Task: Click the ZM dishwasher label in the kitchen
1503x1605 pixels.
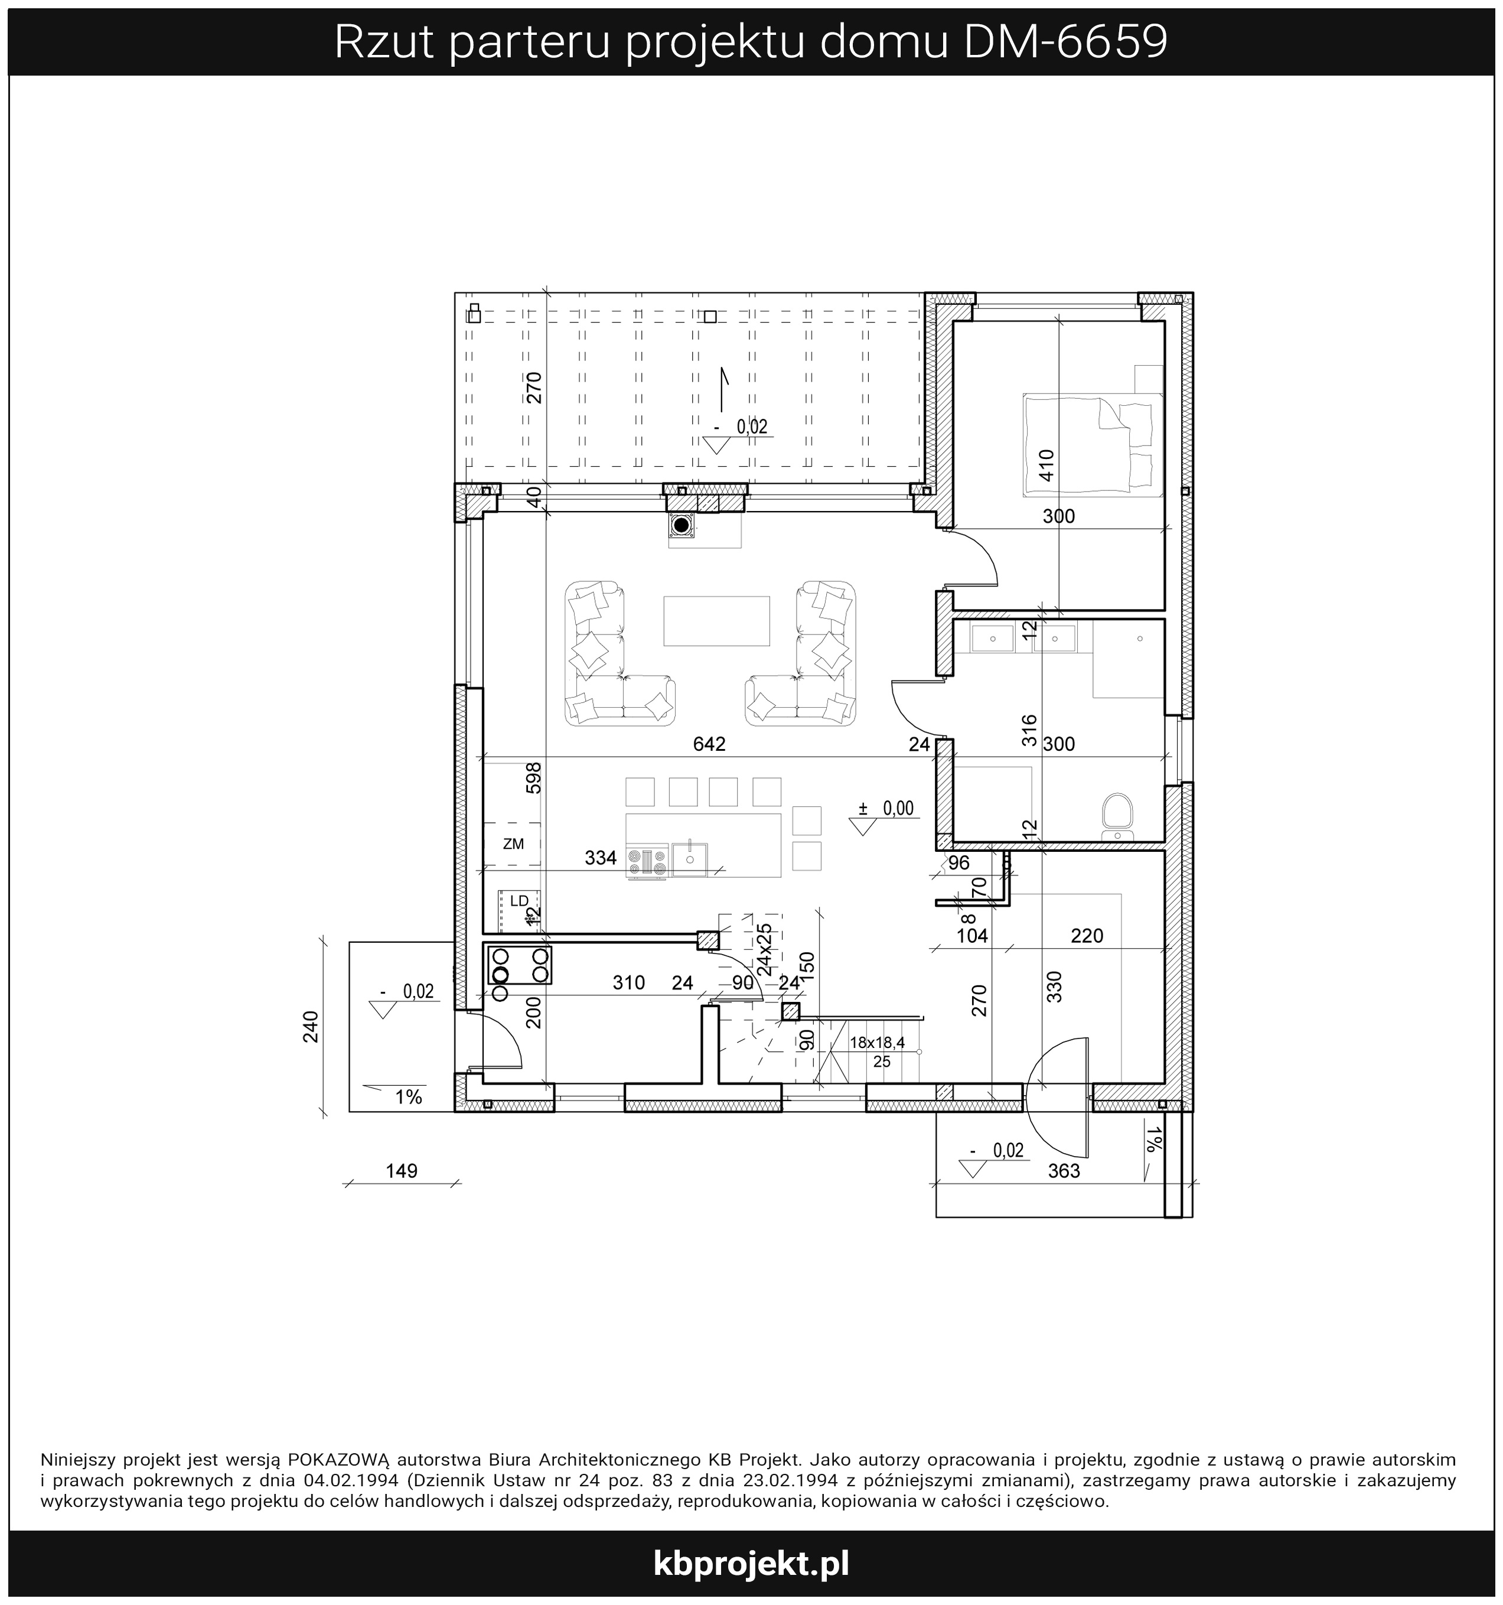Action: [513, 845]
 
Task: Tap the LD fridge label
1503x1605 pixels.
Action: [519, 900]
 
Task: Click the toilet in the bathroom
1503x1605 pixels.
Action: [1118, 815]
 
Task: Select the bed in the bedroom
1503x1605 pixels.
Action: [1091, 445]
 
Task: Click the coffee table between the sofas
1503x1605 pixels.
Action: [716, 621]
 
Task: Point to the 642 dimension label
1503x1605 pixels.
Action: [709, 744]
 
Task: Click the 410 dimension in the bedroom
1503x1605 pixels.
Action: [1047, 465]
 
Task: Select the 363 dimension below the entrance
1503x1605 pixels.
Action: [1063, 1171]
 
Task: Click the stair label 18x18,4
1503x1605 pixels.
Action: [878, 1042]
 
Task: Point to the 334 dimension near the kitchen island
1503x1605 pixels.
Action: [601, 858]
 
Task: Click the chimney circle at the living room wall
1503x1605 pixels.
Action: [682, 526]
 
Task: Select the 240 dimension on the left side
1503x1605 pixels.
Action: [311, 1026]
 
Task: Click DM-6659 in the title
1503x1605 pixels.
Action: [1067, 42]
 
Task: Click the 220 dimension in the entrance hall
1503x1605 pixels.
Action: [1087, 936]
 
